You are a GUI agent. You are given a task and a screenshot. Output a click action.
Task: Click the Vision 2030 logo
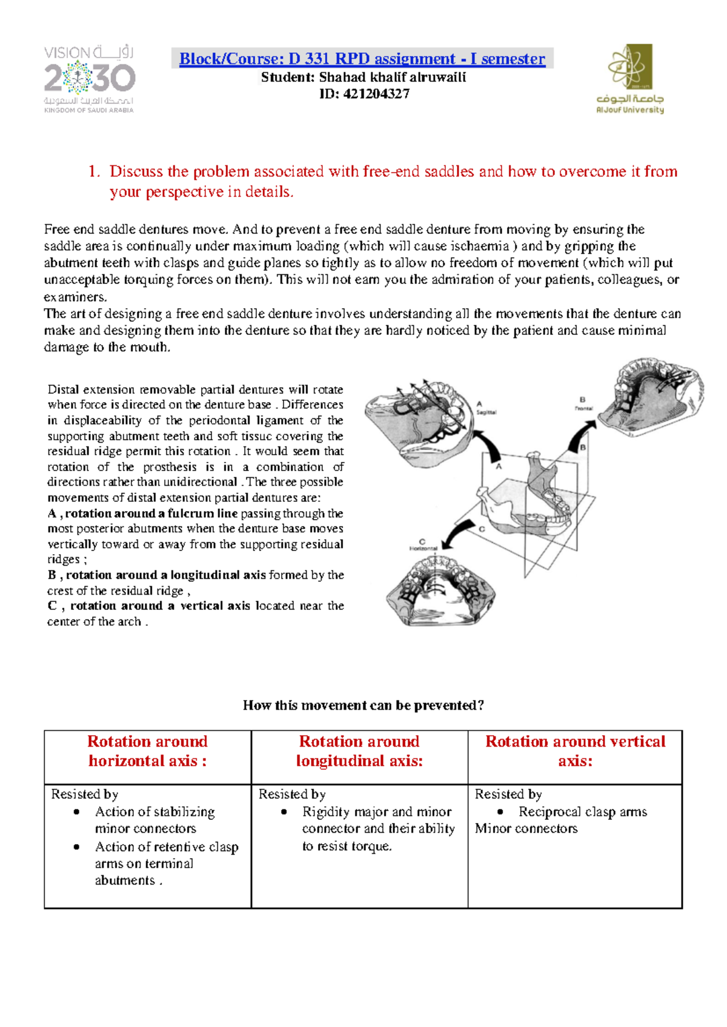pyautogui.click(x=89, y=79)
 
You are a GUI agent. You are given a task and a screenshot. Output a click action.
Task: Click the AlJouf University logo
pyautogui.click(x=630, y=79)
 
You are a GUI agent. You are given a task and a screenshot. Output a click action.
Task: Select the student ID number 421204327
pyautogui.click(x=376, y=94)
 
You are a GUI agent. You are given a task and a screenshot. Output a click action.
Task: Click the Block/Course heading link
pyautogui.click(x=362, y=59)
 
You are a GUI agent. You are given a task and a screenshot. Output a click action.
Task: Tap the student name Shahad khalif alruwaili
pyautogui.click(x=393, y=77)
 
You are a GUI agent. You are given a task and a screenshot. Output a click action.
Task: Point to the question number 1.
pyautogui.click(x=93, y=171)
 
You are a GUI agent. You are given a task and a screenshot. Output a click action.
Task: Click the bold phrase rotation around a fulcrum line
pyautogui.click(x=151, y=513)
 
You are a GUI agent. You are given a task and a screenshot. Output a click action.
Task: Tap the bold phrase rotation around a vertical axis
pyautogui.click(x=160, y=606)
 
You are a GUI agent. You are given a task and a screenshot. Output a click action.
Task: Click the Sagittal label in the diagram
pyautogui.click(x=486, y=412)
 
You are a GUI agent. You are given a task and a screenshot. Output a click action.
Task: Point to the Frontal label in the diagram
pyautogui.click(x=584, y=408)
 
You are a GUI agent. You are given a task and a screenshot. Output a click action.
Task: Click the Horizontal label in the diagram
pyautogui.click(x=423, y=549)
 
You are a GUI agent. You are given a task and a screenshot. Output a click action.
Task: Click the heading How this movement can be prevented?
pyautogui.click(x=363, y=705)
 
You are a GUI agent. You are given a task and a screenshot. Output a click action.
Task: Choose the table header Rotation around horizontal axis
pyautogui.click(x=147, y=751)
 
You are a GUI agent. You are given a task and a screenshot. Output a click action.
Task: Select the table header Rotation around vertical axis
pyautogui.click(x=575, y=751)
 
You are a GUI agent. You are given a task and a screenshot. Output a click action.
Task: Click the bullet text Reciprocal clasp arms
pyautogui.click(x=582, y=811)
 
